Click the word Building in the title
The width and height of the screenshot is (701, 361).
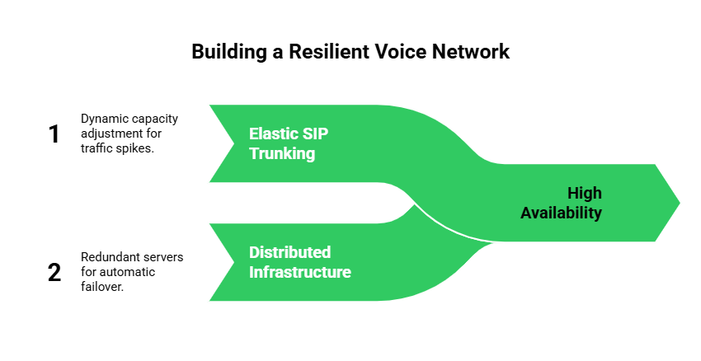tap(223, 52)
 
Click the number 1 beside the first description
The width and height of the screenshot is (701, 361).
tap(54, 135)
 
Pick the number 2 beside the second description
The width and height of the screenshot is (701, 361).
tap(54, 273)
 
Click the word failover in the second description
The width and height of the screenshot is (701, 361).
tap(101, 286)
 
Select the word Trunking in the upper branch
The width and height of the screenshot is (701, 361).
tap(282, 154)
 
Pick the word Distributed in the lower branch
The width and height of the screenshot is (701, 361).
tap(289, 252)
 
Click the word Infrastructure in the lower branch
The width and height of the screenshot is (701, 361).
tap(299, 272)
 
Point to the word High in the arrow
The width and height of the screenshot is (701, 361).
tap(584, 194)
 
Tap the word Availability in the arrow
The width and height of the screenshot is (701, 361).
tap(561, 213)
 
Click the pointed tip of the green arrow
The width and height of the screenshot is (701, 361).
tap(680, 203)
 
